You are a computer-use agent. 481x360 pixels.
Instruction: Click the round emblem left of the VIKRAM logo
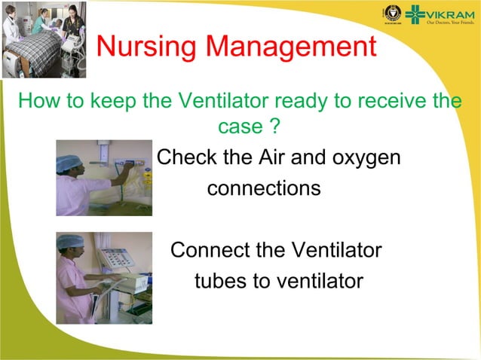(391, 13)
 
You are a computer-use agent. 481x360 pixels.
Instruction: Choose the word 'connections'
(264, 188)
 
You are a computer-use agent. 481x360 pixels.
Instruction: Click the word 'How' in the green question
(35, 100)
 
